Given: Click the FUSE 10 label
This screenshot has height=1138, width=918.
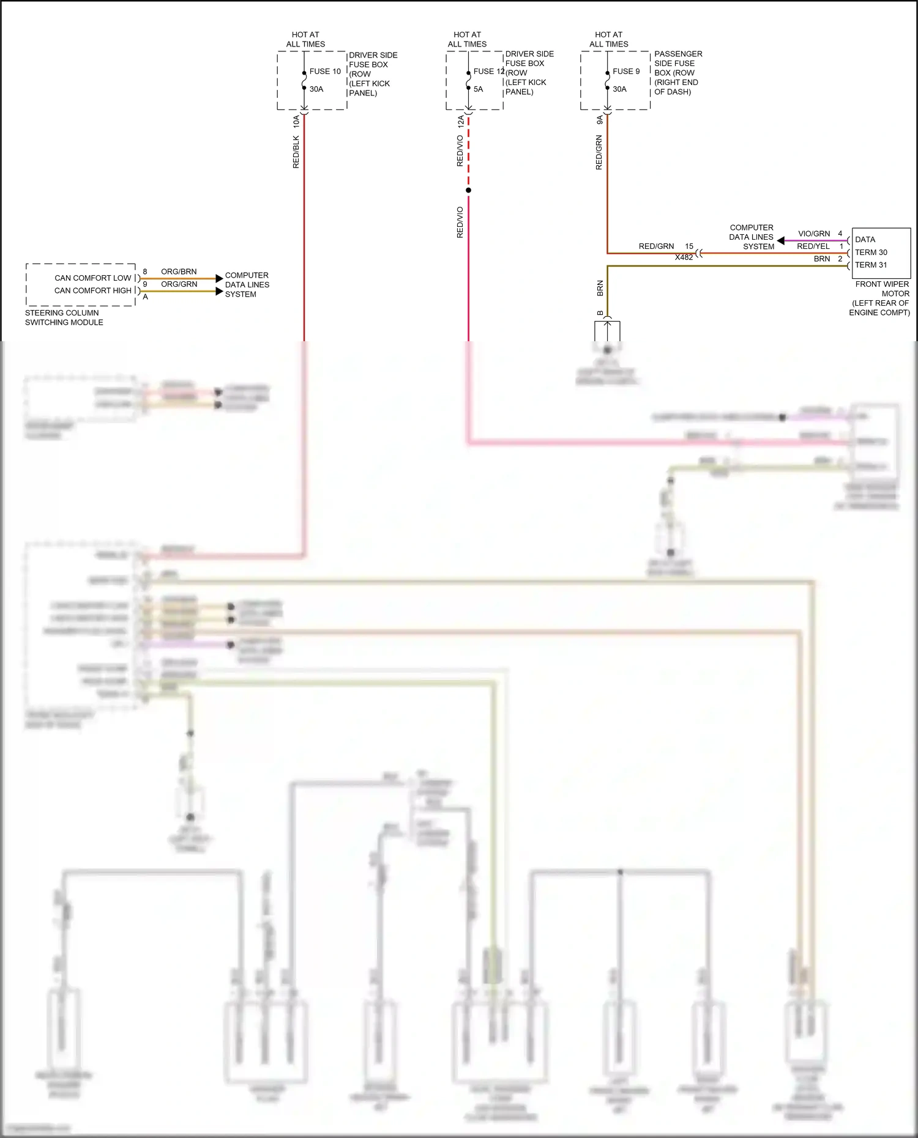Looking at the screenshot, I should (x=325, y=72).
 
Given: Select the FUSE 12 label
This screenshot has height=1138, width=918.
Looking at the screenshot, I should (x=488, y=72).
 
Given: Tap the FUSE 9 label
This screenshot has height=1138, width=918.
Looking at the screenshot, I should (x=626, y=72).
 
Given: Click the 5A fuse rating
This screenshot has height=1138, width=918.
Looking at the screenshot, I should (x=478, y=89).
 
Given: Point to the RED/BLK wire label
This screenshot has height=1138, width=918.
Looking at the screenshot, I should (x=296, y=152).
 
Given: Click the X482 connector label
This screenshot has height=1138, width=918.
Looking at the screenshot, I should (x=684, y=257).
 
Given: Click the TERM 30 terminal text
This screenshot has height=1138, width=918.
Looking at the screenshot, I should (x=871, y=253).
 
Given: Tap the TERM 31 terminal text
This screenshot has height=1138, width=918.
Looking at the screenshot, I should (x=871, y=265).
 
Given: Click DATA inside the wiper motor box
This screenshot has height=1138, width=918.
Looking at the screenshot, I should (x=865, y=240).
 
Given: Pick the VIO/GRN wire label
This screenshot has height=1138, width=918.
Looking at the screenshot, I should (x=814, y=234).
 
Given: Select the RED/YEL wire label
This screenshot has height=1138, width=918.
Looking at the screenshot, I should (x=813, y=246).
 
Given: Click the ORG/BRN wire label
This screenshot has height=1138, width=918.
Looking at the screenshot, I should (x=179, y=272).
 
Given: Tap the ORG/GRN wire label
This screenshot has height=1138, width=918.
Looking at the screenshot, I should (x=179, y=284).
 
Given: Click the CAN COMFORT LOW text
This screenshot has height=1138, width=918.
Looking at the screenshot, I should (x=93, y=278).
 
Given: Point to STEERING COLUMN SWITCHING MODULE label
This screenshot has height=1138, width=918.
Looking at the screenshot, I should (x=64, y=317).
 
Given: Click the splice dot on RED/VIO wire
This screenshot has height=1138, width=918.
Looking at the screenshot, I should (x=468, y=190).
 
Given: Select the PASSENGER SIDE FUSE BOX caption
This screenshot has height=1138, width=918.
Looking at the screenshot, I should (x=677, y=73).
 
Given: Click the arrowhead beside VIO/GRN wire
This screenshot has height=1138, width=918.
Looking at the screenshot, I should (x=781, y=240).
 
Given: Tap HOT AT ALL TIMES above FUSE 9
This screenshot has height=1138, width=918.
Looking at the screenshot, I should (x=608, y=39).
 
